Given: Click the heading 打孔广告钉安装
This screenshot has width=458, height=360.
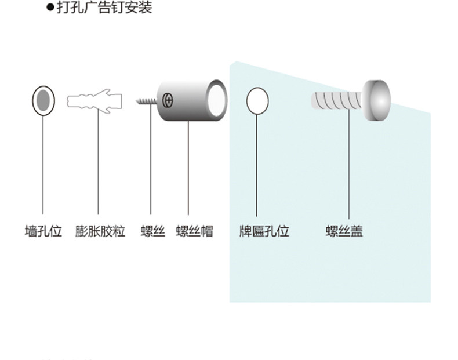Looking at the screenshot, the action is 104,7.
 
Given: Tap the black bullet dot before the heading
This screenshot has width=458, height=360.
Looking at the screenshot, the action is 50,8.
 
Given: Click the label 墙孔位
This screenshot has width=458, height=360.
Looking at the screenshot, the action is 43,231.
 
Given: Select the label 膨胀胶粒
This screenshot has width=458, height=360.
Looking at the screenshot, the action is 100,231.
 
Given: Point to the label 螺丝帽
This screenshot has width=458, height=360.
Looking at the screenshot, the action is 195,231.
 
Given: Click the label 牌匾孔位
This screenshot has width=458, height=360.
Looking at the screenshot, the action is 264,231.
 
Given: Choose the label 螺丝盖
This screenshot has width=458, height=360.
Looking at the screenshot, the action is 344,231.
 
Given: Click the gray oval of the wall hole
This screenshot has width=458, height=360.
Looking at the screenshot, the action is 43,100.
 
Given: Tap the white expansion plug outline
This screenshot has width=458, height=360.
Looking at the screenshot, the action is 94,101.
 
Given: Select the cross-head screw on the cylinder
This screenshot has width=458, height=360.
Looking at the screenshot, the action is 168,100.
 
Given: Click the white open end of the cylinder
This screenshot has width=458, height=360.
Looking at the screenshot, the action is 217,100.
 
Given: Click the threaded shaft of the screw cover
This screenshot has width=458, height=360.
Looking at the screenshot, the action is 336,100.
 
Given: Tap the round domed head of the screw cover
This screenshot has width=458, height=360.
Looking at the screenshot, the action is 376,100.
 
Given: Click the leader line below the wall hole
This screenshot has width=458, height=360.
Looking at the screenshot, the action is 43,165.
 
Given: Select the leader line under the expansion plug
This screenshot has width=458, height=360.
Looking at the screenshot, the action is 98,162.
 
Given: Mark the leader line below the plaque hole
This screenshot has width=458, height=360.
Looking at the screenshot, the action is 257,165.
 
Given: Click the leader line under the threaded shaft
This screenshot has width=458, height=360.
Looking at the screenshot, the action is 349,164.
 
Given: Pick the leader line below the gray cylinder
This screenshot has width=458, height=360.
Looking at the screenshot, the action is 188,168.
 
